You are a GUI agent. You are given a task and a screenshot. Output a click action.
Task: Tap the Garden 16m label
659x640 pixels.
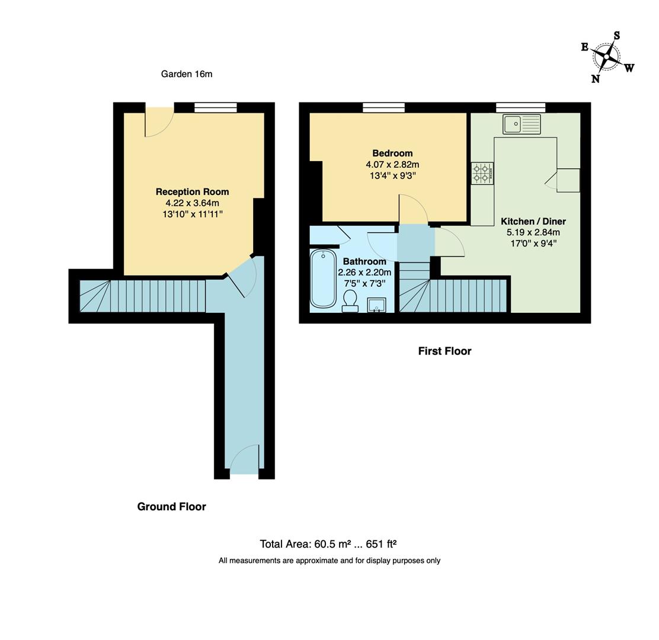[x=186, y=74]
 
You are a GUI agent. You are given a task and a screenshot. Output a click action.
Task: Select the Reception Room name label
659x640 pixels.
[x=192, y=192]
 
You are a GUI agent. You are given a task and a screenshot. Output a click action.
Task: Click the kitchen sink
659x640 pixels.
[x=522, y=124]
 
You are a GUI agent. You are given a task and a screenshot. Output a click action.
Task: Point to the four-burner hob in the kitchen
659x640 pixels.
[x=482, y=173]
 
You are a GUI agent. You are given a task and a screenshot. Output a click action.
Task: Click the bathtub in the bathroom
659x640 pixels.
[x=323, y=279]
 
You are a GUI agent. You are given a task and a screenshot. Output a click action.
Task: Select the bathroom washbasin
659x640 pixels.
[x=376, y=305]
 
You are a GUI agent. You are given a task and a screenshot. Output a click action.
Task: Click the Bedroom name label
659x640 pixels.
[x=392, y=153]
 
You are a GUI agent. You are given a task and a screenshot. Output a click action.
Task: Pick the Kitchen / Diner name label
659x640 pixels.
[x=533, y=221]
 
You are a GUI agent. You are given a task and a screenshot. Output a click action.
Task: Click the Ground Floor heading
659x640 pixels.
[x=171, y=507]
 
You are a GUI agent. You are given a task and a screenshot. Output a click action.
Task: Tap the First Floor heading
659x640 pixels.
[x=444, y=351]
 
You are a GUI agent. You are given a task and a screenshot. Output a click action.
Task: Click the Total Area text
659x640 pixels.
[x=328, y=544]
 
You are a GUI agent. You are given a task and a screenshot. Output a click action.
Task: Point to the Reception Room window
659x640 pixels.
[x=215, y=107]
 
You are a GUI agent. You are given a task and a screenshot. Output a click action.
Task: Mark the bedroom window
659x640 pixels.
[x=383, y=107]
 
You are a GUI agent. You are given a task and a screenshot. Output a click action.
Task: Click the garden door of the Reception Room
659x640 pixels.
[x=159, y=121]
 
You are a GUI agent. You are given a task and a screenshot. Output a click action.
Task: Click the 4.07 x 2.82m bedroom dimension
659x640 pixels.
[x=392, y=164]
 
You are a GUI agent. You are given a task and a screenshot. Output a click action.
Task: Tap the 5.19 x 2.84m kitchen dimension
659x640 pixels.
[x=533, y=232]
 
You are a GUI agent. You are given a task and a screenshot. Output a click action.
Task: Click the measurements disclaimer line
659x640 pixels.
[x=329, y=561]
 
